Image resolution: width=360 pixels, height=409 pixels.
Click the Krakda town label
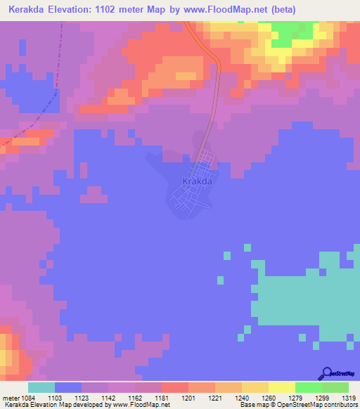pos(197,181)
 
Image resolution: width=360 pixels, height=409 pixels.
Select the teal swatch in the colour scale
pos(41,388)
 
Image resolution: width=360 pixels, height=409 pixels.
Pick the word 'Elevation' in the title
pos(77,10)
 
